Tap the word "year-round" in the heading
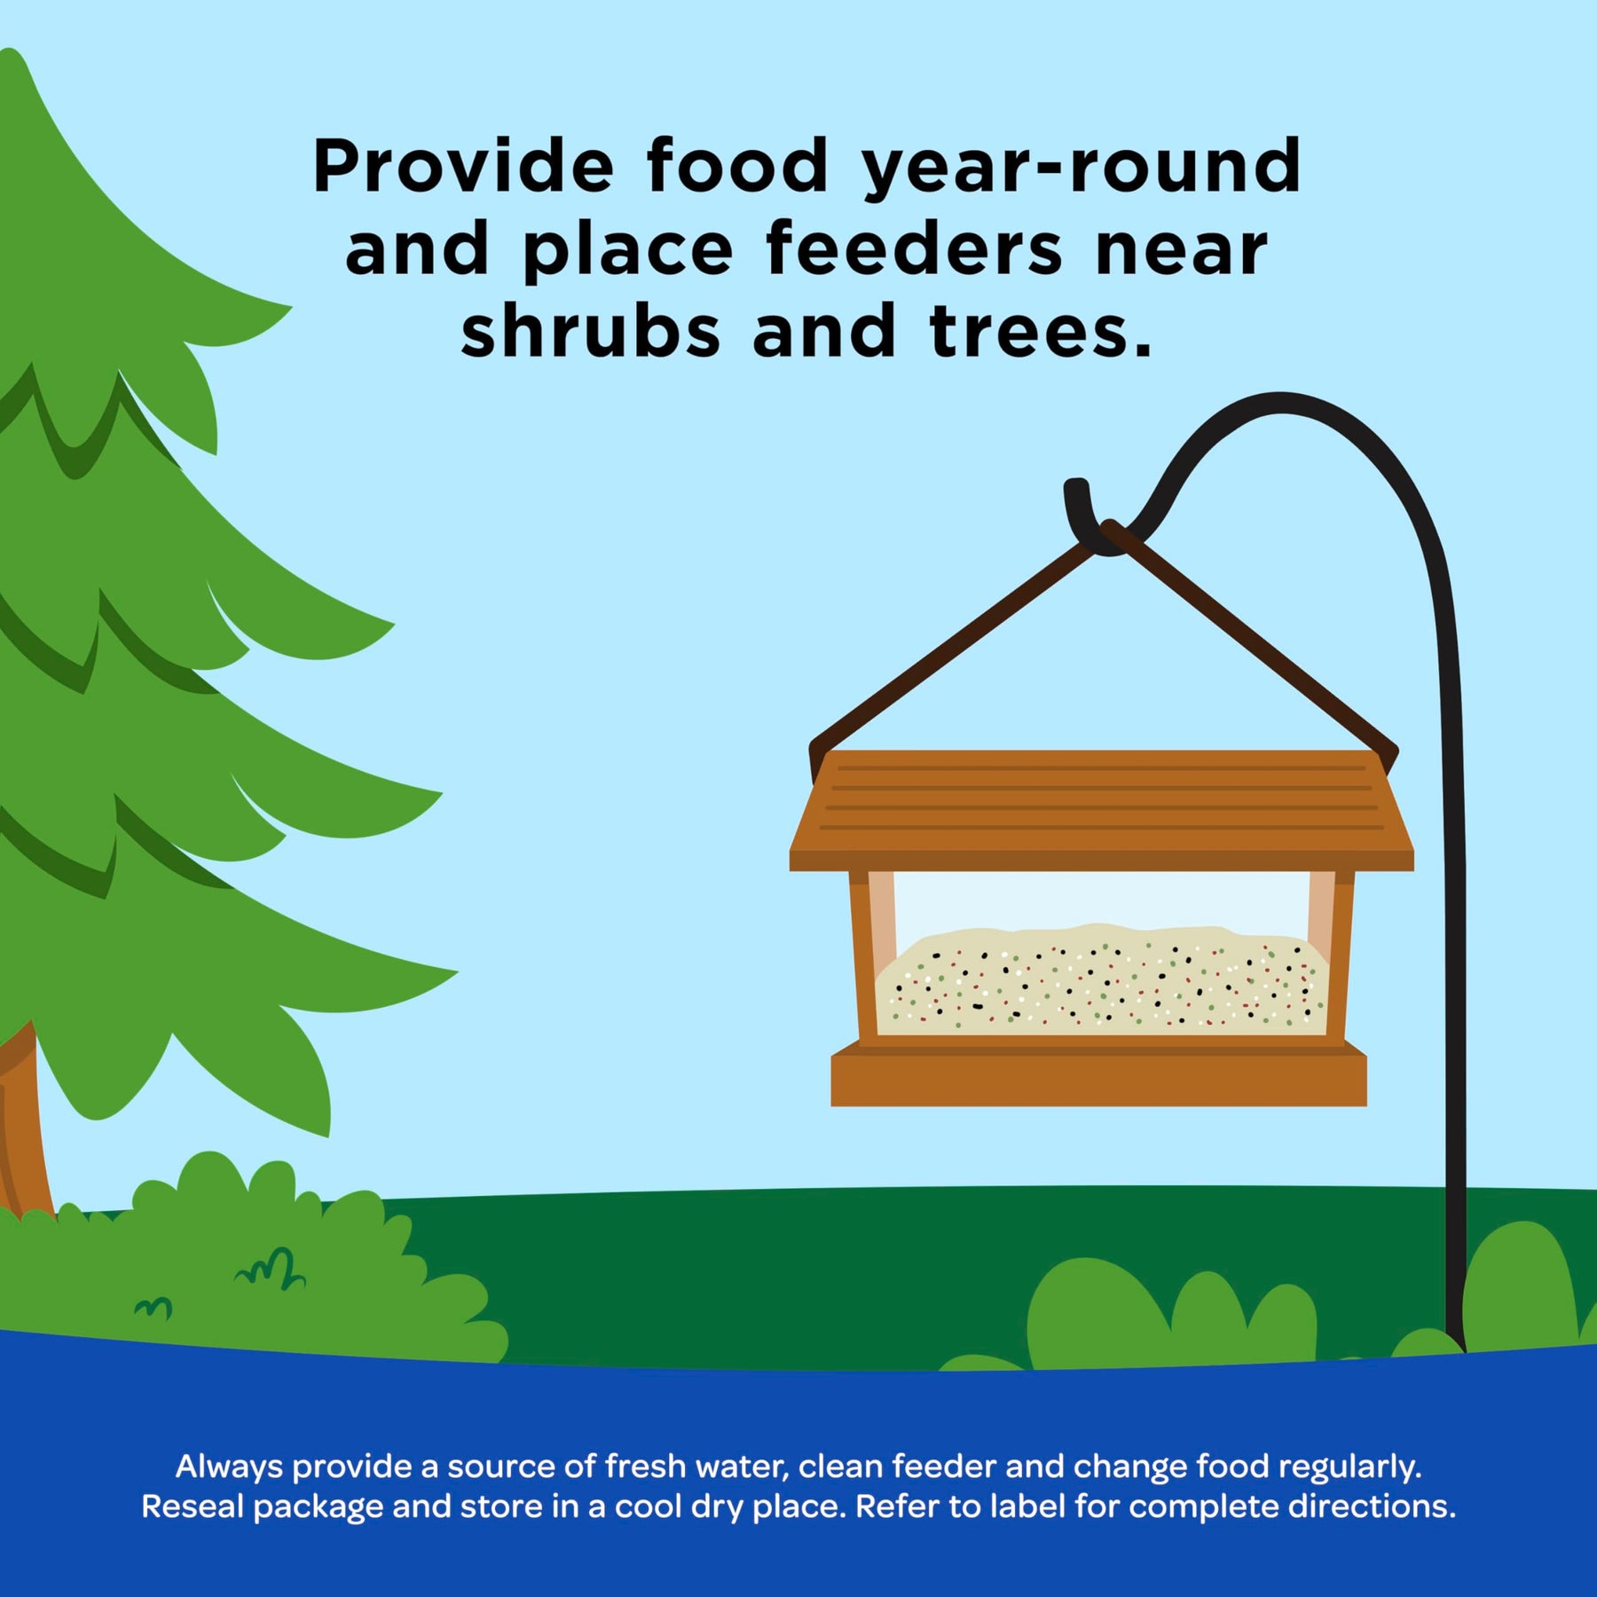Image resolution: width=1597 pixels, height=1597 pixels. (x=1082, y=169)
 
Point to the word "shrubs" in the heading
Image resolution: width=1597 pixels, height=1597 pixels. (x=591, y=329)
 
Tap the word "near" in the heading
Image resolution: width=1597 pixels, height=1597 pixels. (x=1182, y=251)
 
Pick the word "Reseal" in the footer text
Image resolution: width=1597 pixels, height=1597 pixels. (x=193, y=1507)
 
